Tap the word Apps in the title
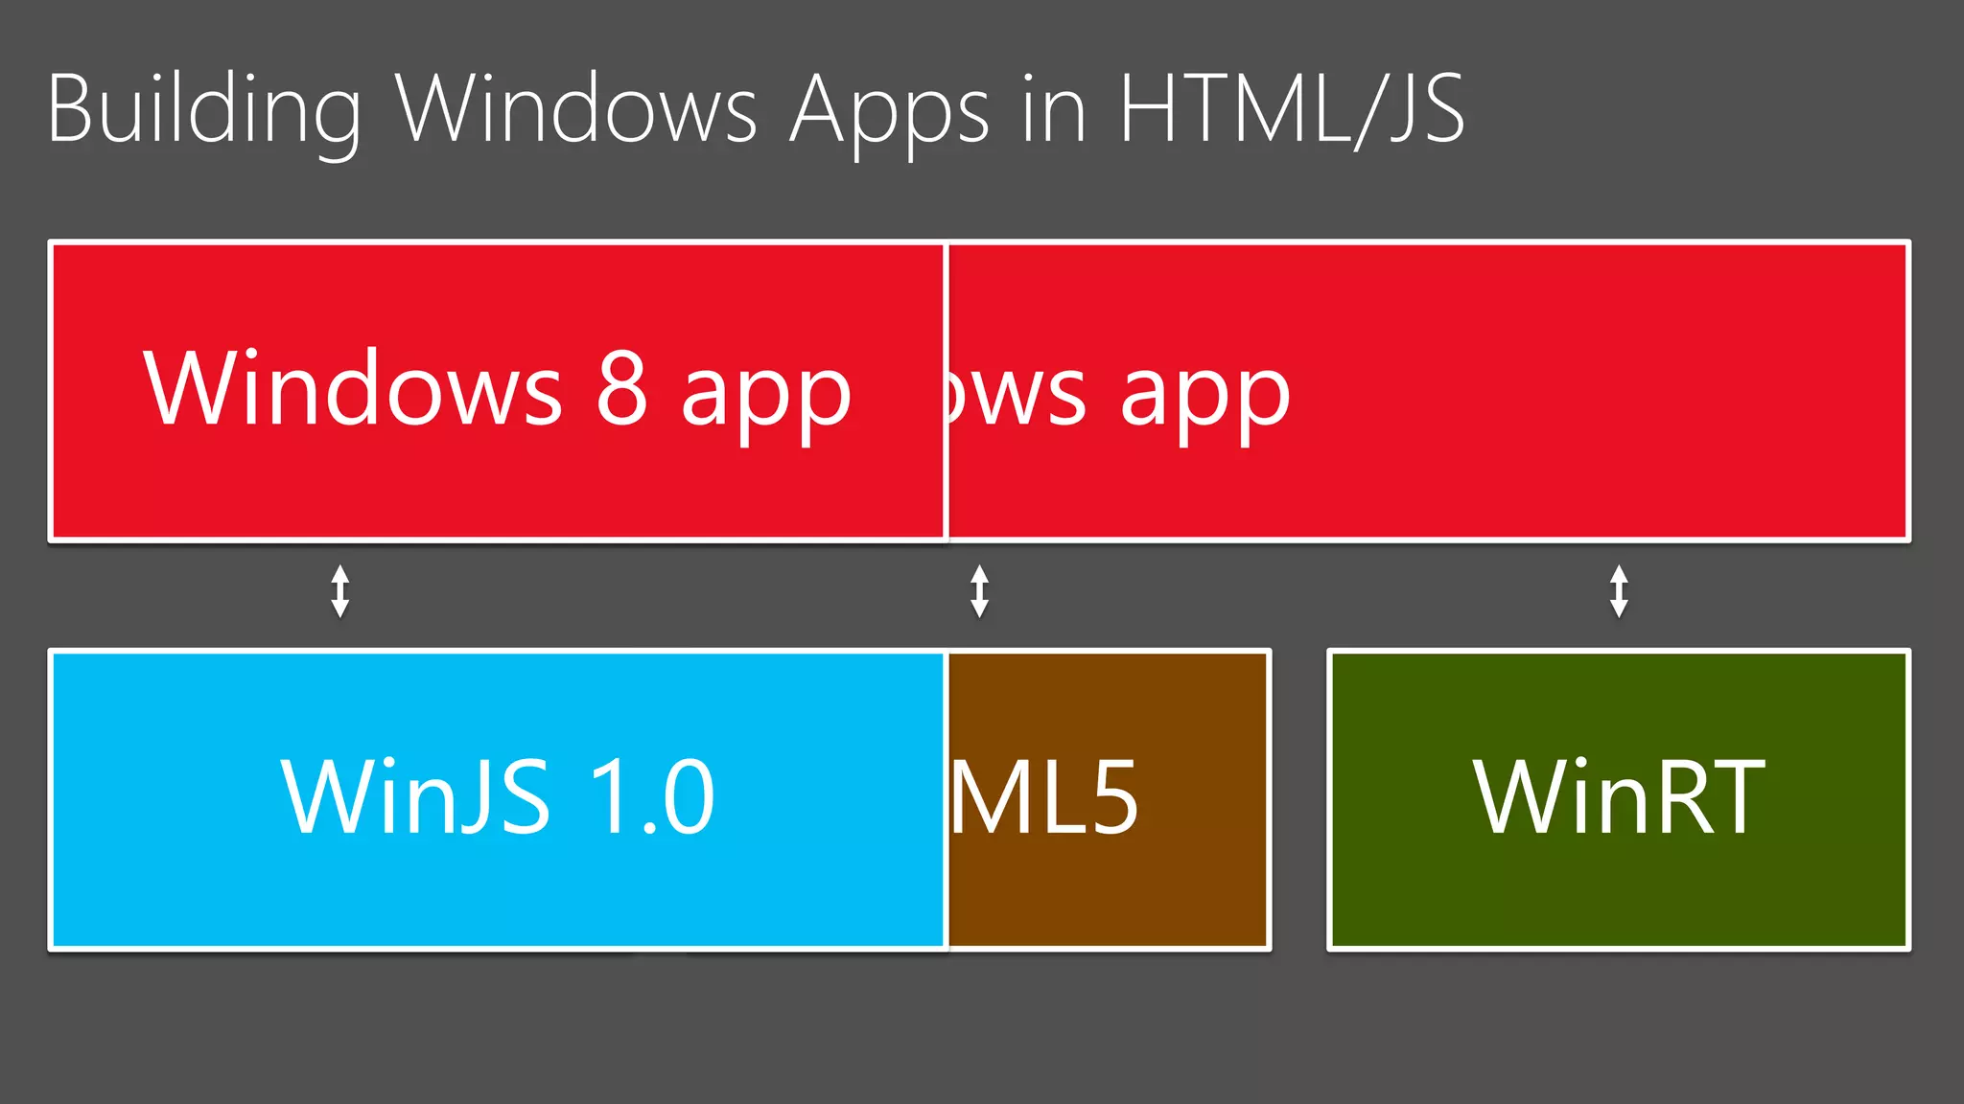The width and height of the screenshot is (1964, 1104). tap(888, 111)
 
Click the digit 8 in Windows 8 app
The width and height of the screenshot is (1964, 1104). tap(621, 388)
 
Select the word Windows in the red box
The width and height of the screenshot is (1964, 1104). tap(352, 388)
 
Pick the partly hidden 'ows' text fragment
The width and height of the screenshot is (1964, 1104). tap(1017, 393)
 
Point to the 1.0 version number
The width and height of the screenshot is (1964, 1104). tap(651, 796)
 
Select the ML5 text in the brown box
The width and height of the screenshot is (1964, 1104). tap(1044, 796)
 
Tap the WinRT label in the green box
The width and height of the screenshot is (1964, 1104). tap(1619, 796)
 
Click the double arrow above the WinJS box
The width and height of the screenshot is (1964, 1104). tap(340, 590)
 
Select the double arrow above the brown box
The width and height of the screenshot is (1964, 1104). tap(979, 590)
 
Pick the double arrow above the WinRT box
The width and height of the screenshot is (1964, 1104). tap(1619, 590)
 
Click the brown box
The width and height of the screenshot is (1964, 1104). tap(1108, 891)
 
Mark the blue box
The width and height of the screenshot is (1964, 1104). tap(498, 891)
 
